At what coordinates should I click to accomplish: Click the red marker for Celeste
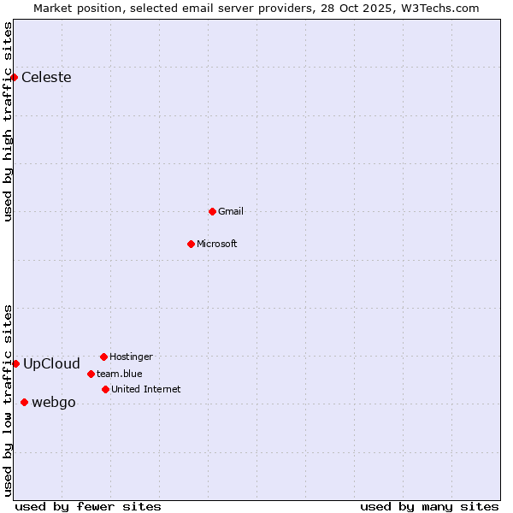(14, 78)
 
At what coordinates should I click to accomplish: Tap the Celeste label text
(46, 78)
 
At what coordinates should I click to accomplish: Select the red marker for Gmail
(212, 211)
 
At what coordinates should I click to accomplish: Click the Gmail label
(231, 211)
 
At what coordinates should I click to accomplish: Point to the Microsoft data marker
(191, 244)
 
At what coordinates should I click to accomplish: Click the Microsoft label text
(217, 244)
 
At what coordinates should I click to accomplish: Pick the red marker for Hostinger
(103, 357)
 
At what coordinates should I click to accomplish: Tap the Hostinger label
(131, 357)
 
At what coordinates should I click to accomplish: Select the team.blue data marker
(91, 374)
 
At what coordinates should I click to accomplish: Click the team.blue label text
(120, 374)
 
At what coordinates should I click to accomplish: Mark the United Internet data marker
(105, 389)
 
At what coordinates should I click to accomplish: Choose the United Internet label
(146, 389)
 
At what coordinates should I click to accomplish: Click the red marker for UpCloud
(15, 363)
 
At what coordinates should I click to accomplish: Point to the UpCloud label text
(51, 363)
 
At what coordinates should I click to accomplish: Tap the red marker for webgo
(24, 402)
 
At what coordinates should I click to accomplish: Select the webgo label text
(54, 403)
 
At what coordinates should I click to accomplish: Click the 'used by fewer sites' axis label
(88, 506)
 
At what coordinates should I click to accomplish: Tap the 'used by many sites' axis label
(429, 506)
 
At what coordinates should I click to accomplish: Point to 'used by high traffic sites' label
(9, 121)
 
